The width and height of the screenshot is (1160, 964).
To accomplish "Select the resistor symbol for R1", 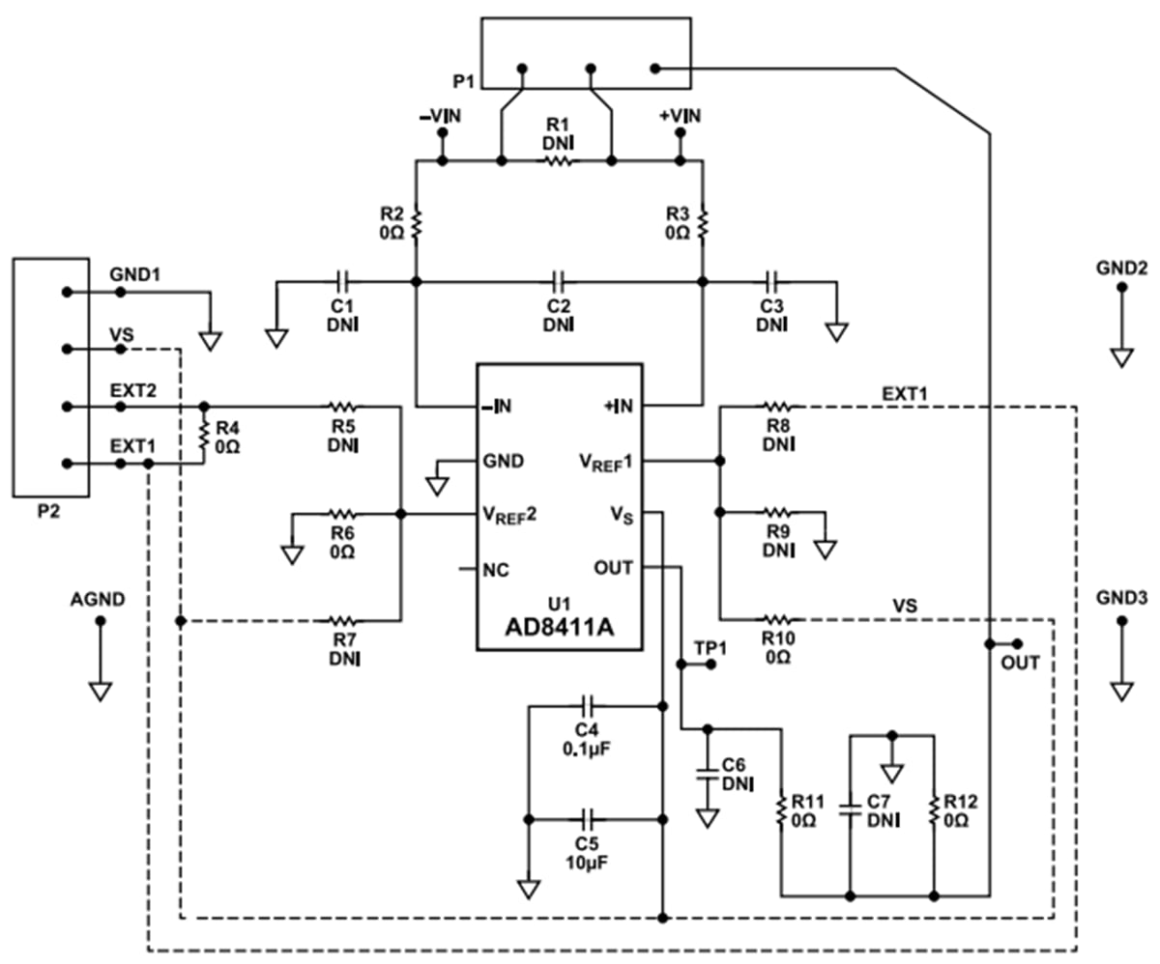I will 558,161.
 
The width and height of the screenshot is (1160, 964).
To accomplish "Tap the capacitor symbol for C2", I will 558,282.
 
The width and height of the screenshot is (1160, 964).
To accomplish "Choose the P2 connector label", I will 48,512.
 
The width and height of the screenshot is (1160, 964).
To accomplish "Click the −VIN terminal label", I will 440,116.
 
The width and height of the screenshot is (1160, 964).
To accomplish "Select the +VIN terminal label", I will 680,116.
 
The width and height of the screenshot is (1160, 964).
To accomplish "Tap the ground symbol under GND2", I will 1121,356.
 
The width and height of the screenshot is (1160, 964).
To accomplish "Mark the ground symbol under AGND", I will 100,691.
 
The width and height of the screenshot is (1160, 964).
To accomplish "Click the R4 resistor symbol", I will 204,435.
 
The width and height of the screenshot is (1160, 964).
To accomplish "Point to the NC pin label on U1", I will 495,568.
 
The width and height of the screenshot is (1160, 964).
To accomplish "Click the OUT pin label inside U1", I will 613,568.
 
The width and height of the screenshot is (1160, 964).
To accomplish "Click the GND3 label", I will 1121,598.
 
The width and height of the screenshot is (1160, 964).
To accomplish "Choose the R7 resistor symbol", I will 343,620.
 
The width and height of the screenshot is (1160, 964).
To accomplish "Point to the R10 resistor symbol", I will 778,618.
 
